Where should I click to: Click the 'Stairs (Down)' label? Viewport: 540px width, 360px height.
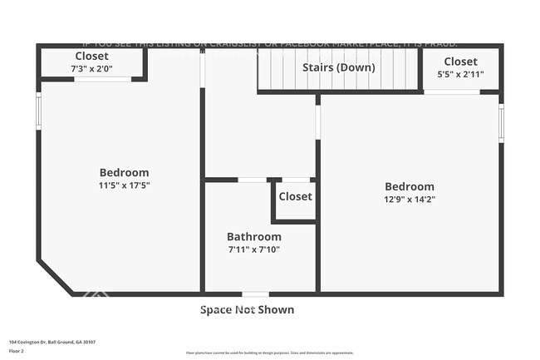pos(336,67)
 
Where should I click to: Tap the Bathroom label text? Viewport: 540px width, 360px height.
pos(254,237)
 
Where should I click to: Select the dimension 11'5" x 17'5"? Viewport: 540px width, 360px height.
pos(125,185)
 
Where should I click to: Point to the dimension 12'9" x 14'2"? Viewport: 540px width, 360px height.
pos(410,200)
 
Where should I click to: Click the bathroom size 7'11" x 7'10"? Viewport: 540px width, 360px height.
pos(254,249)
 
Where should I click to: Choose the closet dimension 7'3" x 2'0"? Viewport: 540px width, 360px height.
pos(91,69)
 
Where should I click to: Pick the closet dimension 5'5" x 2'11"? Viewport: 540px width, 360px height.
pos(460,74)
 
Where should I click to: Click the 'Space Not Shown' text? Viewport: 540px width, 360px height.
pos(247,310)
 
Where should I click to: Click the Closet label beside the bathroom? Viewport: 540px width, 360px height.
pos(295,197)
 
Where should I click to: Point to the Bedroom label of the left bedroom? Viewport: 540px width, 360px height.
pos(125,173)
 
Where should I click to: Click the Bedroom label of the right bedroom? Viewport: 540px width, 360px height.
pos(410,187)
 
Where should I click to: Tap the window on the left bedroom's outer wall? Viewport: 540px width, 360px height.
pos(38,111)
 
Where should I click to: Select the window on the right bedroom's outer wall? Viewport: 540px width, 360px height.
pos(501,122)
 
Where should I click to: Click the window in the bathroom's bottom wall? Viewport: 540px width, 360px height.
pos(255,293)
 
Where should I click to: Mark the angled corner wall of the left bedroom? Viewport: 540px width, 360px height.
pos(55,277)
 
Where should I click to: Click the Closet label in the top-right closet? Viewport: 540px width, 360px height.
pos(460,62)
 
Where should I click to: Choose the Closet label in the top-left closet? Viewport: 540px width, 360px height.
pos(91,57)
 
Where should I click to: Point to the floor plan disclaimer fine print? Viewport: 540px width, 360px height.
pos(269,353)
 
